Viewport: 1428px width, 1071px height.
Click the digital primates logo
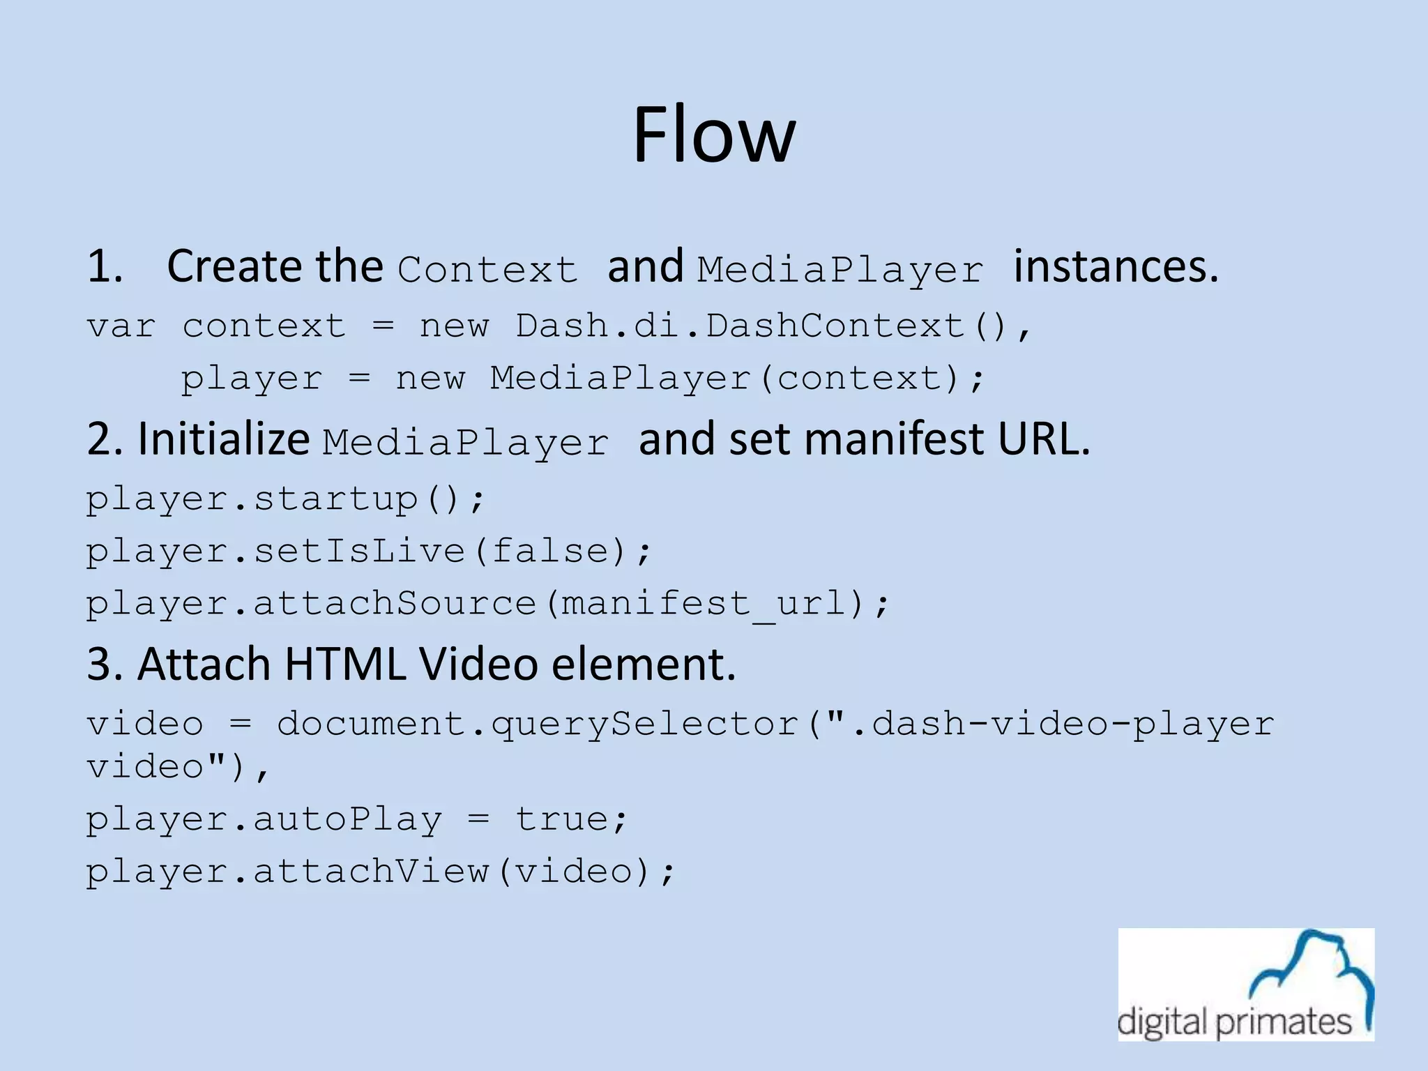1246,985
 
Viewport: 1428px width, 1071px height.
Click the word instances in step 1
1116,267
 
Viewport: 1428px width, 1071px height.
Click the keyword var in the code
121,326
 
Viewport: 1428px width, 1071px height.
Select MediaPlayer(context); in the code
738,379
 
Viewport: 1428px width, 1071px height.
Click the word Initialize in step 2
223,439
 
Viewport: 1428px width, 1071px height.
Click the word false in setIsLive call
549,552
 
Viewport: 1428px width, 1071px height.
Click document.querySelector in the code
538,724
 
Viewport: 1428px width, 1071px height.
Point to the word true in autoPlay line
571,819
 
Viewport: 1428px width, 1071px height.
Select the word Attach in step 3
204,664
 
